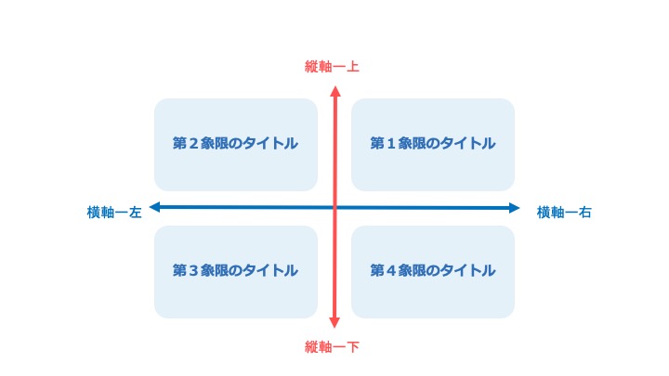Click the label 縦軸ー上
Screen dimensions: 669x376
point(332,67)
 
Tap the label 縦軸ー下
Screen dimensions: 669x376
point(332,347)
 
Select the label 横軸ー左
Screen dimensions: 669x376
point(114,213)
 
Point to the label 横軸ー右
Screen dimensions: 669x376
point(564,213)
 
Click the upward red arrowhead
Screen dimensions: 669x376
point(335,91)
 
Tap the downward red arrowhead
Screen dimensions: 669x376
point(334,322)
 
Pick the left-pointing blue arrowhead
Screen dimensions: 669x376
point(154,208)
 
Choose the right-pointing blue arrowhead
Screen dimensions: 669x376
point(515,208)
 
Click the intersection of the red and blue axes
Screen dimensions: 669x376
point(334,208)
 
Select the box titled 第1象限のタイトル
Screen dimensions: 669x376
point(433,145)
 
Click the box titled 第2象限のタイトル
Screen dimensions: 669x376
point(236,145)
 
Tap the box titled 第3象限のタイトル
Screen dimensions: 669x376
point(236,272)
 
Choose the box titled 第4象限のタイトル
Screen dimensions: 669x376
point(433,272)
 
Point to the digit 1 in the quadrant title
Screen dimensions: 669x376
point(391,144)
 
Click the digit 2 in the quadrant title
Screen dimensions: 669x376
point(193,144)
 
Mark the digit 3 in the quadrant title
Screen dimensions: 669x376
point(193,271)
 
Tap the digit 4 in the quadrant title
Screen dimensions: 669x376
point(391,271)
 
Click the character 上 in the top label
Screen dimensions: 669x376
point(353,67)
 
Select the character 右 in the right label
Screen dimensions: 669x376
point(585,213)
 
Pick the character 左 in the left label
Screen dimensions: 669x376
point(136,213)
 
